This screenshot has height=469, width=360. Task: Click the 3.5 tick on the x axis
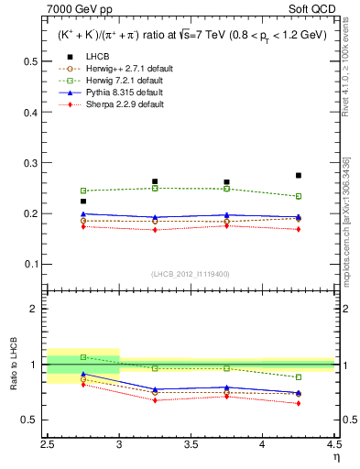pyautogui.click(x=191, y=449)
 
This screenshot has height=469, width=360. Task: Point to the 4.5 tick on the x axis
pyautogui.click(x=334, y=449)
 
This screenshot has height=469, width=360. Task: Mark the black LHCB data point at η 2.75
pyautogui.click(x=83, y=201)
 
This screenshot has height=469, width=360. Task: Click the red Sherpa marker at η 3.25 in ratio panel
pyautogui.click(x=155, y=400)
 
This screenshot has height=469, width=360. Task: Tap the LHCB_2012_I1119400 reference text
pyautogui.click(x=191, y=274)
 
